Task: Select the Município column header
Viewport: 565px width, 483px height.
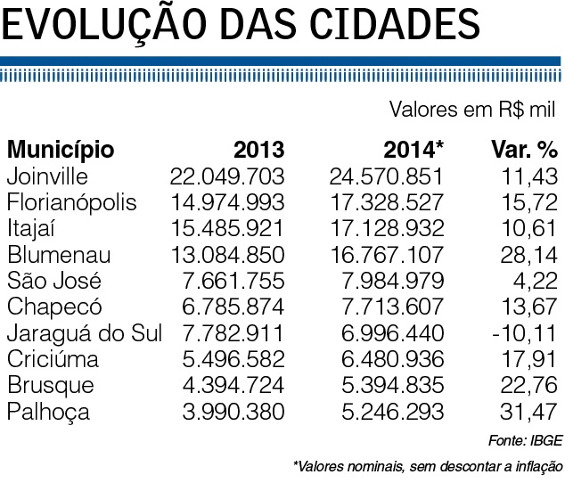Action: [x=61, y=149]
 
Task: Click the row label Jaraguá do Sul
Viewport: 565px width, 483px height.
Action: [x=84, y=334]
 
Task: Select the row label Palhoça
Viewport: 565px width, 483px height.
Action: [x=43, y=413]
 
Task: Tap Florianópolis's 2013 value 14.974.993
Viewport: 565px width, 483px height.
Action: [x=227, y=202]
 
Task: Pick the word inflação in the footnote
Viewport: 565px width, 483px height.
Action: [x=538, y=465]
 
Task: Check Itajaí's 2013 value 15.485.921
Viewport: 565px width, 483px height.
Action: [x=227, y=229]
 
